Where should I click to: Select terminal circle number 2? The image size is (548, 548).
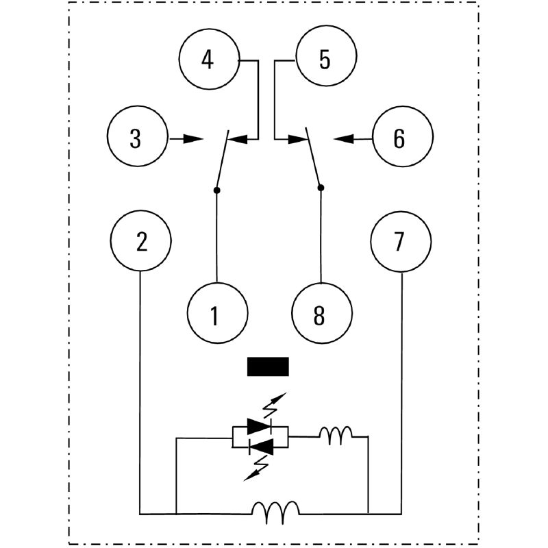click(x=141, y=242)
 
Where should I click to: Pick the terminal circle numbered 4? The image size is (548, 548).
click(x=208, y=60)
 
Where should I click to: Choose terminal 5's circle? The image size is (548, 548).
click(x=325, y=60)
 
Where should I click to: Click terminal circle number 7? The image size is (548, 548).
click(x=401, y=242)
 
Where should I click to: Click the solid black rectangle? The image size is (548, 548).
click(x=268, y=367)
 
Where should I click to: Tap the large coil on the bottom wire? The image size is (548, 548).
click(x=275, y=509)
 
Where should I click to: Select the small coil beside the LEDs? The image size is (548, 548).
click(x=336, y=435)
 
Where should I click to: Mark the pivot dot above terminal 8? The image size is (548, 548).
click(x=321, y=186)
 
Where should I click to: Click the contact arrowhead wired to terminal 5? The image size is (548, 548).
click(x=297, y=138)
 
